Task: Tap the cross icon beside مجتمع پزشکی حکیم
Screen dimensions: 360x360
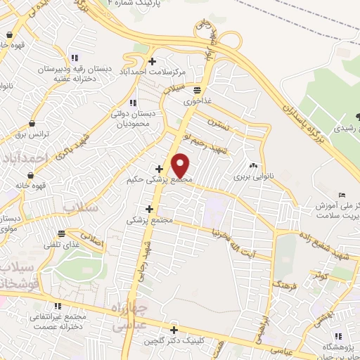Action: click(x=160, y=169)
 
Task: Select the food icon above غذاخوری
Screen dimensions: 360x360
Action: click(x=197, y=89)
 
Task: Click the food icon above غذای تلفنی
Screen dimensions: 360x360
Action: click(x=63, y=233)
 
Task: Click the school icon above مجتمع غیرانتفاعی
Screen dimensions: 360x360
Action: click(x=56, y=307)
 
